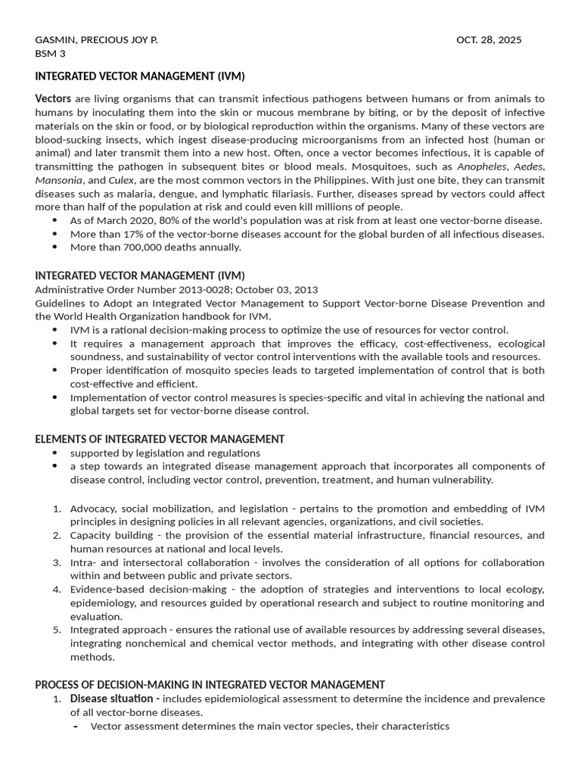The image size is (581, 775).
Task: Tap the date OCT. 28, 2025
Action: (x=489, y=39)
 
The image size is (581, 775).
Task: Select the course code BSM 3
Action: (x=51, y=53)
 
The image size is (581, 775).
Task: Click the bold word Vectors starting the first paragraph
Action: (x=53, y=99)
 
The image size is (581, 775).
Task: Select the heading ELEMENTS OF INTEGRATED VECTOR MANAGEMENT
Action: (x=160, y=439)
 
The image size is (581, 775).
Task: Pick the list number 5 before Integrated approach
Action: (x=57, y=630)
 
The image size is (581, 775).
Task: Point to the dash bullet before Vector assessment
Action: (x=76, y=727)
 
